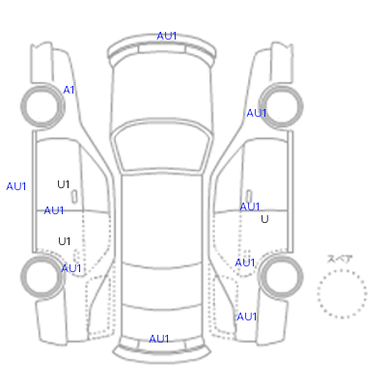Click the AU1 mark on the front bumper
167,36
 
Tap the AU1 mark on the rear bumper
159,339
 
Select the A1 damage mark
69,90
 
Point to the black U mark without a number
264,219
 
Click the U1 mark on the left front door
64,184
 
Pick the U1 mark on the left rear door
65,241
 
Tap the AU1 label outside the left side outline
16,186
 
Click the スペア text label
340,259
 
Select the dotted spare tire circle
342,271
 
